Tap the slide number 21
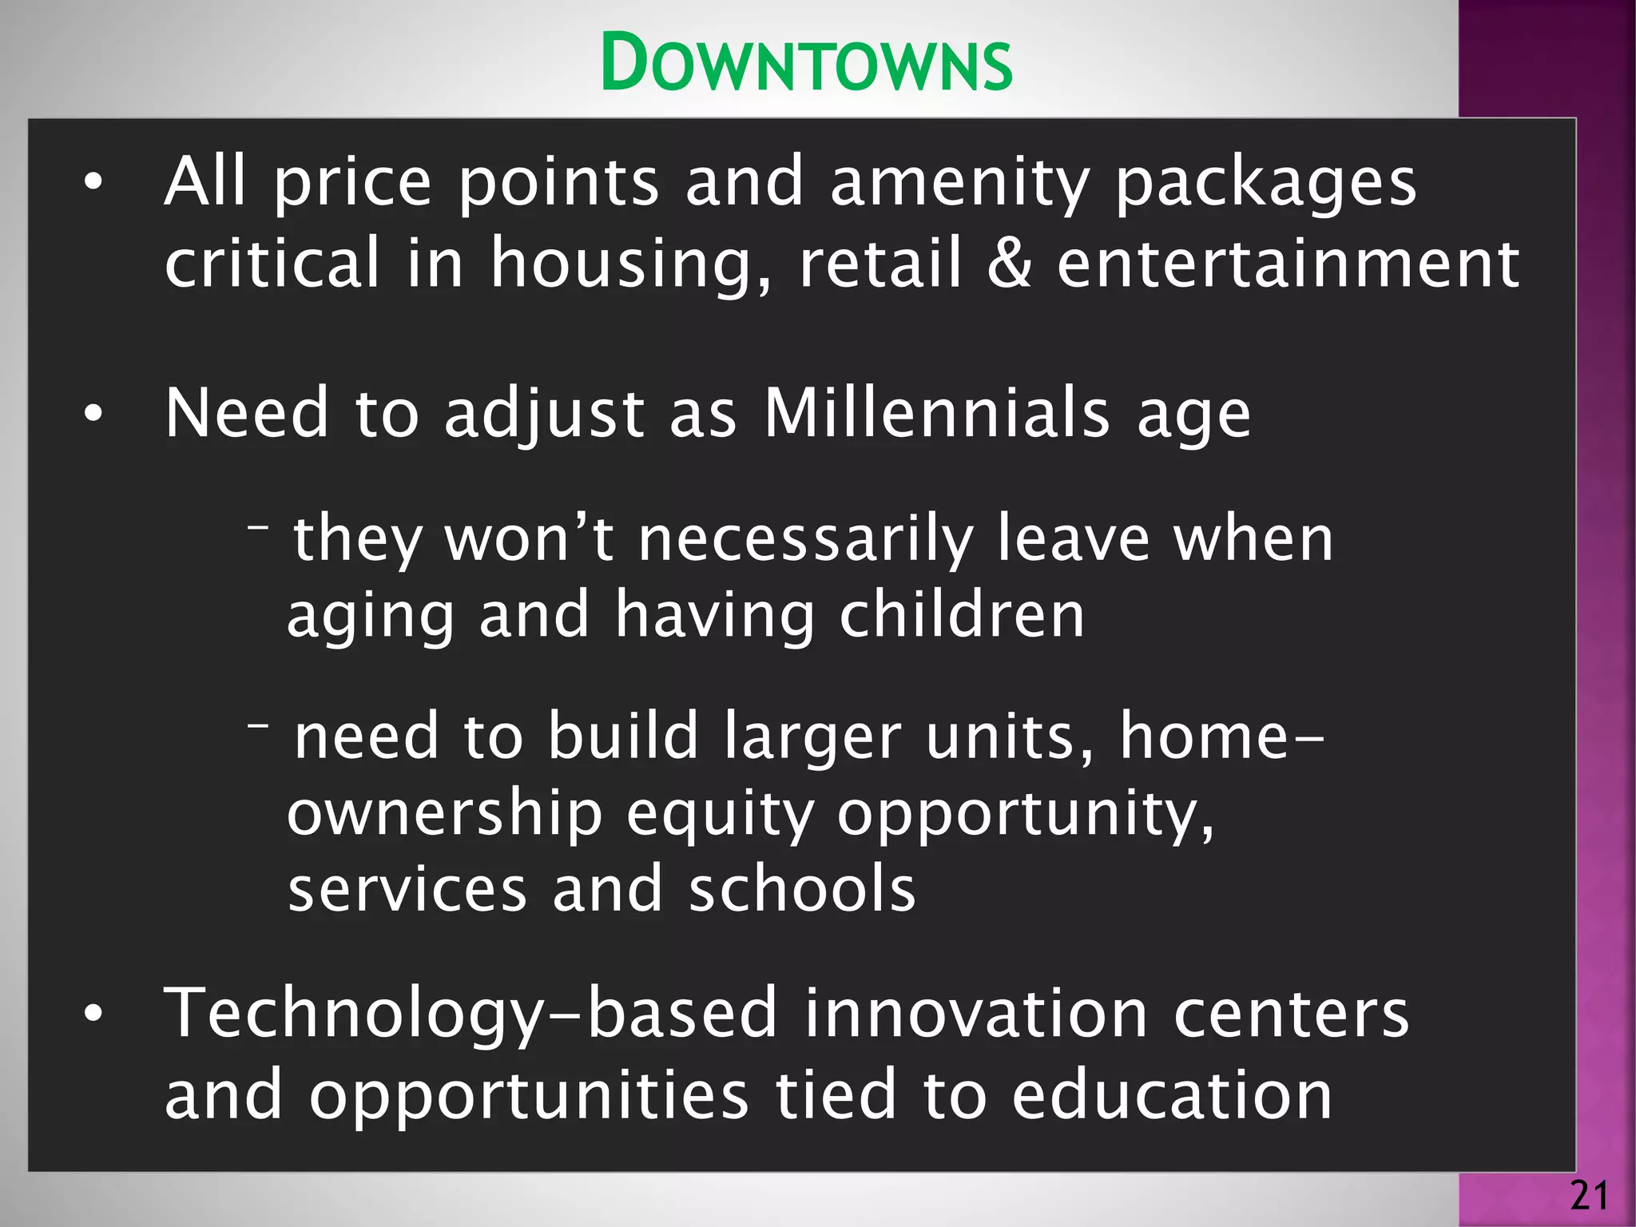(1589, 1196)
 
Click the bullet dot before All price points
(93, 183)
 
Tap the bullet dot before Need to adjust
(93, 414)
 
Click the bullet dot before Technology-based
(93, 1014)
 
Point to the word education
(1172, 1095)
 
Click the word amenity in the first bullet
(959, 183)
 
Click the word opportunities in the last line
(529, 1095)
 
